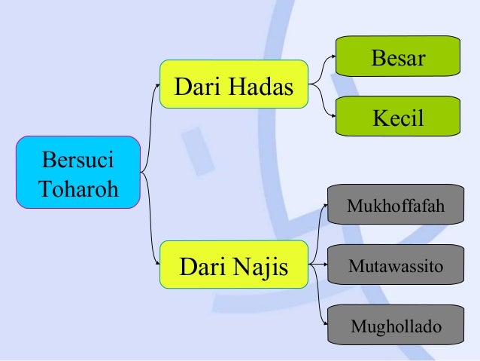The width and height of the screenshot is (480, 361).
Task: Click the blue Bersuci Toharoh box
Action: [x=78, y=173]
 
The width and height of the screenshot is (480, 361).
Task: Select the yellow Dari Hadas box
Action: [x=234, y=85]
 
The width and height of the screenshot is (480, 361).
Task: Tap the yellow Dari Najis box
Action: [x=234, y=265]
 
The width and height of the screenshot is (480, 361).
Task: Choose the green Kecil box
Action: [x=398, y=116]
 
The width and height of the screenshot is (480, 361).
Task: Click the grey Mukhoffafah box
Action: [x=395, y=205]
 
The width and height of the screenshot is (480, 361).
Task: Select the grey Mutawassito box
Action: [x=395, y=265]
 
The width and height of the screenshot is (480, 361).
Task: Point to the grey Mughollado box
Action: [x=395, y=326]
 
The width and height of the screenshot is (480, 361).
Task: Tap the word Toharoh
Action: [x=78, y=187]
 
